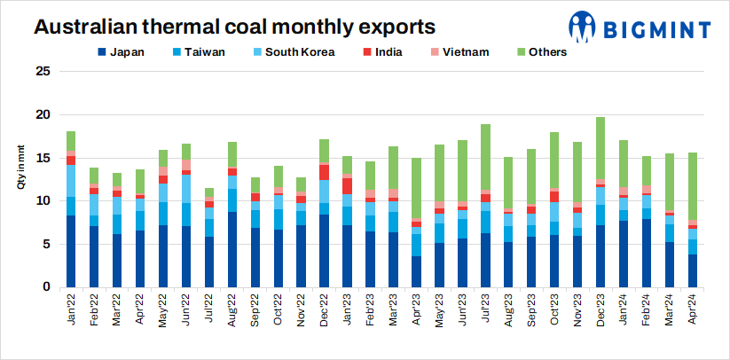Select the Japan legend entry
pyautogui.click(x=122, y=51)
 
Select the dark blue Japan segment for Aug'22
pyautogui.click(x=232, y=249)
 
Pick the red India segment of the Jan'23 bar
pyautogui.click(x=347, y=186)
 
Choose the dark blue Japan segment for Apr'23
pyautogui.click(x=416, y=271)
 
